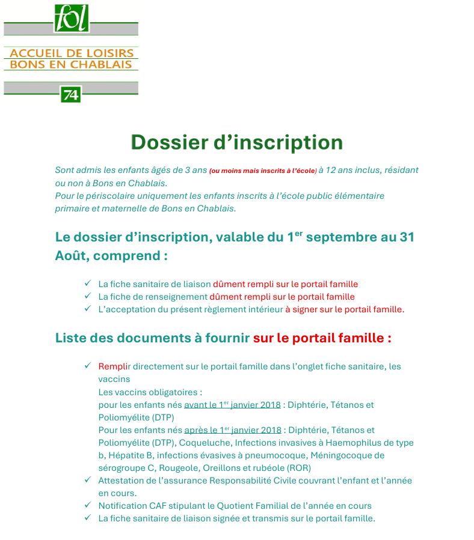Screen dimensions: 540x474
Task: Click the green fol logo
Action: tap(72, 19)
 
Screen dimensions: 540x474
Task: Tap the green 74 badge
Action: tap(70, 94)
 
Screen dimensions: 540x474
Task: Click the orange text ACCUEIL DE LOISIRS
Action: tap(71, 53)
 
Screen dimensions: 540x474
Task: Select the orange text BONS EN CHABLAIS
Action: tap(71, 64)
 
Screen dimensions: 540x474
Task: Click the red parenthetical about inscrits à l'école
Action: tap(263, 171)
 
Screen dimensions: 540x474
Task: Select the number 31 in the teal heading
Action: tap(407, 237)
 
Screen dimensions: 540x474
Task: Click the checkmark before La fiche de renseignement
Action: tap(88, 296)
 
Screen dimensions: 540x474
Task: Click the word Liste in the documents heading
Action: tap(71, 338)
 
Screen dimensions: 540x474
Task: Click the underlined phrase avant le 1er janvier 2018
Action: tap(232, 405)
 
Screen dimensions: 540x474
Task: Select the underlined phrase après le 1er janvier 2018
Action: tap(233, 430)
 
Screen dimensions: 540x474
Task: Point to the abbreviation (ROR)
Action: tap(298, 468)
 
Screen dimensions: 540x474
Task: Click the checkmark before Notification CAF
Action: tap(88, 505)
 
